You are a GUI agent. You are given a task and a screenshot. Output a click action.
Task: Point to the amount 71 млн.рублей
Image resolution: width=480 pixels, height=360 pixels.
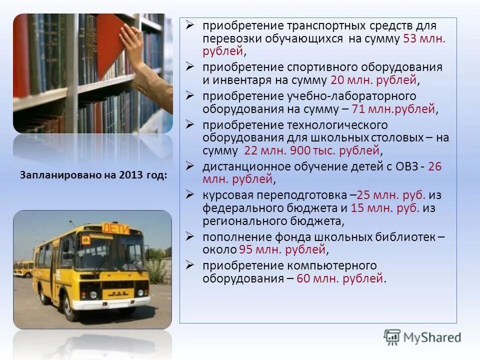click(393, 108)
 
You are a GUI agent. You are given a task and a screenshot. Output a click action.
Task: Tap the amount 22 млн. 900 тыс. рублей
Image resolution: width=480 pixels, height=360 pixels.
click(312, 150)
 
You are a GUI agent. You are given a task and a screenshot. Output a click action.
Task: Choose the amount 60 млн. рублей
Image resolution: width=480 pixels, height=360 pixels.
click(340, 278)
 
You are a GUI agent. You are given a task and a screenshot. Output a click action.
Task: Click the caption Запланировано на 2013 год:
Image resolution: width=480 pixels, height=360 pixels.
click(93, 175)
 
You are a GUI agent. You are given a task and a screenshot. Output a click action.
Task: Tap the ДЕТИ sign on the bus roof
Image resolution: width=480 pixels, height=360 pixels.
click(115, 228)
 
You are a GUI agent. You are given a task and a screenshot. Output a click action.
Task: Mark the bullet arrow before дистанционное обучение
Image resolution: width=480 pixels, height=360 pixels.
click(189, 165)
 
